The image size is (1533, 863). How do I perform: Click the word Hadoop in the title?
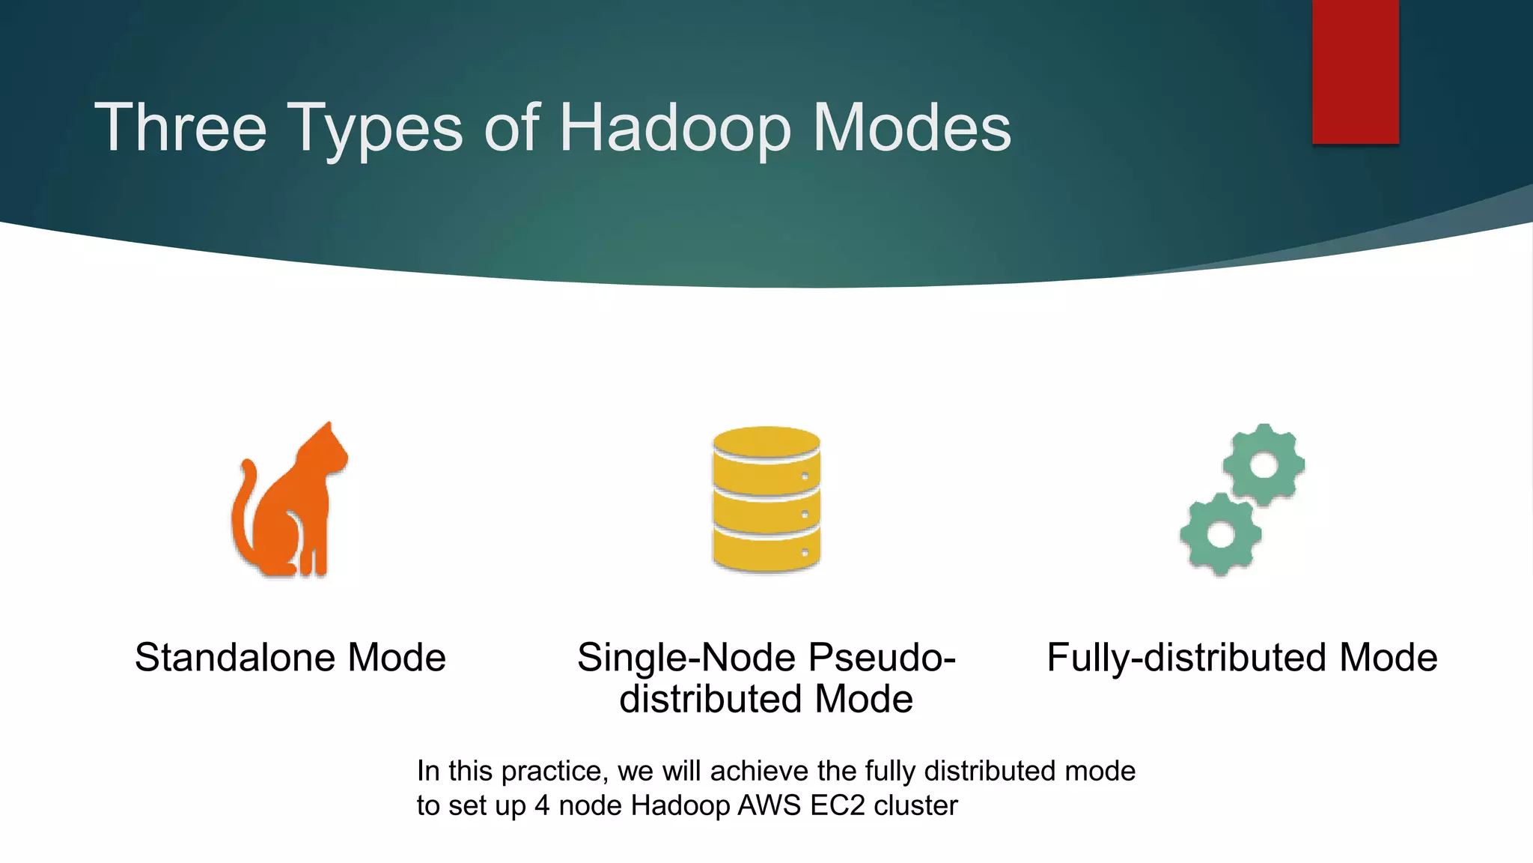pyautogui.click(x=674, y=129)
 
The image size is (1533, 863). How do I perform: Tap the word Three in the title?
pyautogui.click(x=180, y=129)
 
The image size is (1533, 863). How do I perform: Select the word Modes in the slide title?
pyautogui.click(x=912, y=129)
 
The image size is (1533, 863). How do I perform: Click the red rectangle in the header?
pyautogui.click(x=1355, y=71)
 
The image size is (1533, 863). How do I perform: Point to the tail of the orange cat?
pyautogui.click(x=242, y=509)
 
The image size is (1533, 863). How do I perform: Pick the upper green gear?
pyautogui.click(x=1264, y=465)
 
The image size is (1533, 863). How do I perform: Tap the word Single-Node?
pyautogui.click(x=686, y=658)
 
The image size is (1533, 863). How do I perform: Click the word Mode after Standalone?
pyautogui.click(x=397, y=658)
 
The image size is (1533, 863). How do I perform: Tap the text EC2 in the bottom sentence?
pyautogui.click(x=838, y=805)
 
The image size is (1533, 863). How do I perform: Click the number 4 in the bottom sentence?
pyautogui.click(x=542, y=805)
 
